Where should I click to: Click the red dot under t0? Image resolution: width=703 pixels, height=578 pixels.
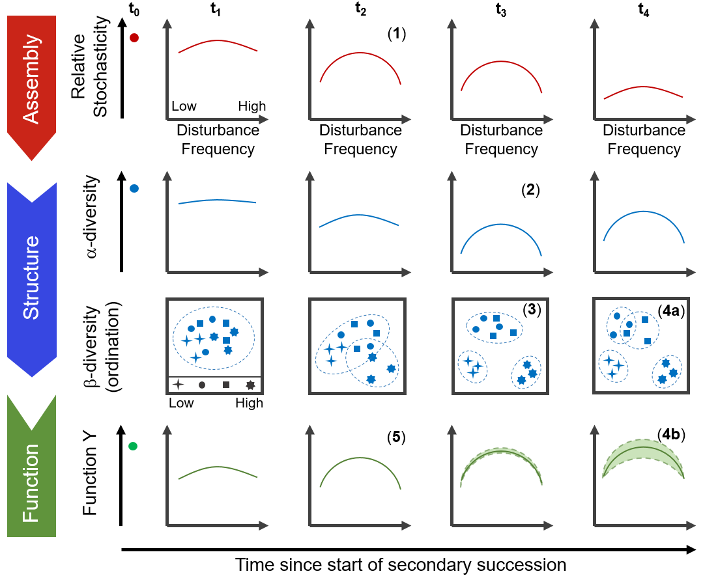pyautogui.click(x=134, y=38)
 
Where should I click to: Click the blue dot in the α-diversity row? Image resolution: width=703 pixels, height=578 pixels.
pyautogui.click(x=134, y=189)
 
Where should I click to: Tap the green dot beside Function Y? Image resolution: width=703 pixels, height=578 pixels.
pyautogui.click(x=134, y=447)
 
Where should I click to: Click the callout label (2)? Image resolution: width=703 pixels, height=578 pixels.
pyautogui.click(x=532, y=191)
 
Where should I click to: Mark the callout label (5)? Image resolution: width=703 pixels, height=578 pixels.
pyautogui.click(x=396, y=437)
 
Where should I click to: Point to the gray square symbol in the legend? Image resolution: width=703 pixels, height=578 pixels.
pyautogui.click(x=225, y=385)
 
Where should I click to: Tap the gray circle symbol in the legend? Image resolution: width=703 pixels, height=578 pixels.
pyautogui.click(x=202, y=385)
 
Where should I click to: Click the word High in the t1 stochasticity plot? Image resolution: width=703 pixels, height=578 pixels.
pyautogui.click(x=251, y=106)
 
